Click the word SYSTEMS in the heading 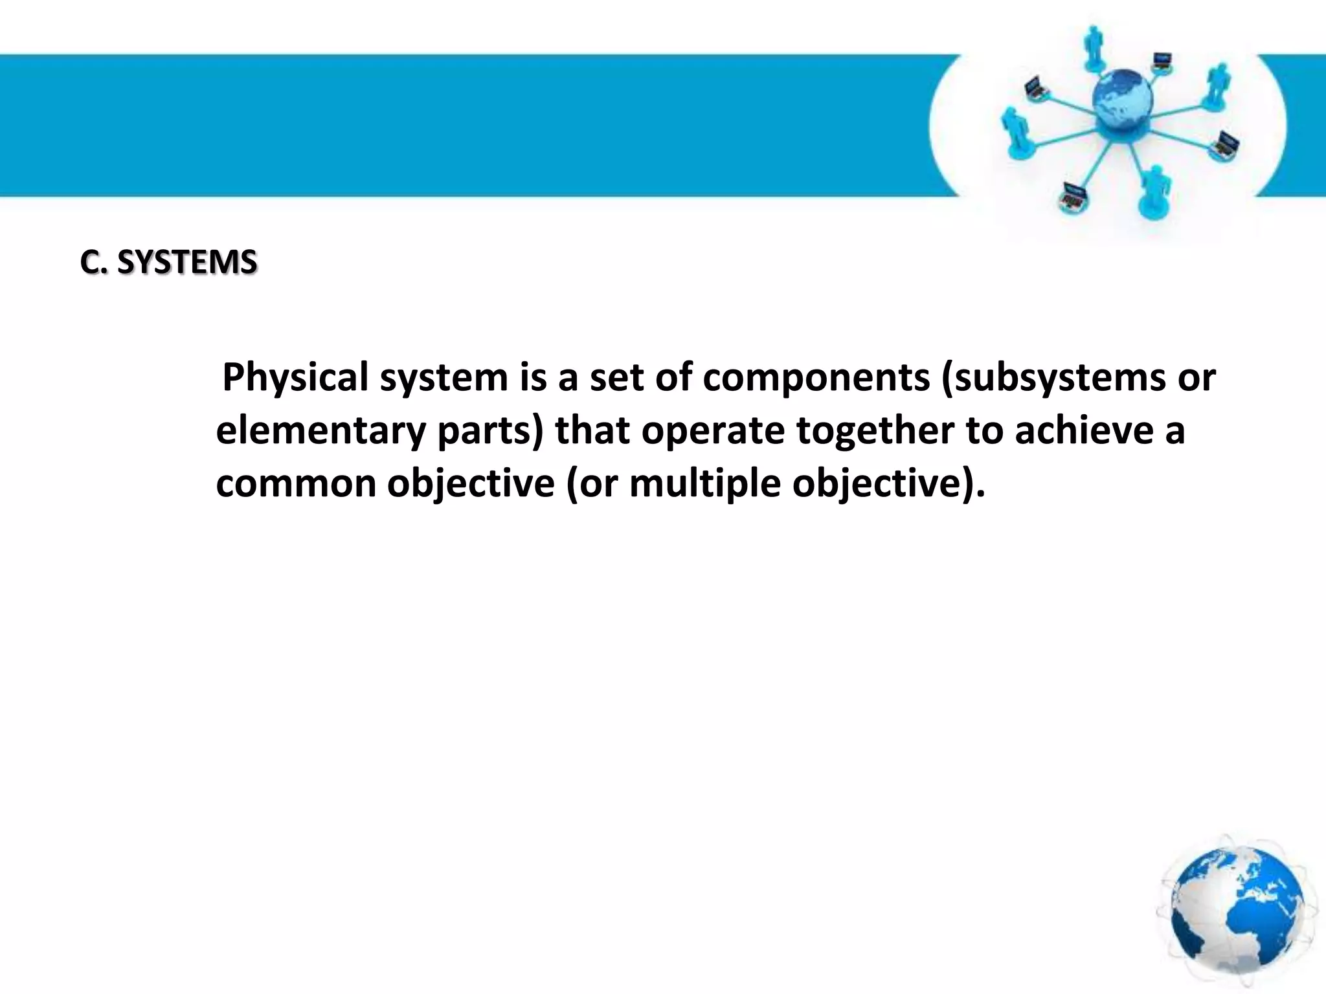click(x=187, y=263)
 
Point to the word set click(x=616, y=377)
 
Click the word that click(x=592, y=430)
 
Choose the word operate click(x=713, y=430)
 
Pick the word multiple click(x=704, y=483)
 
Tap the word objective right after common click(x=471, y=483)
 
